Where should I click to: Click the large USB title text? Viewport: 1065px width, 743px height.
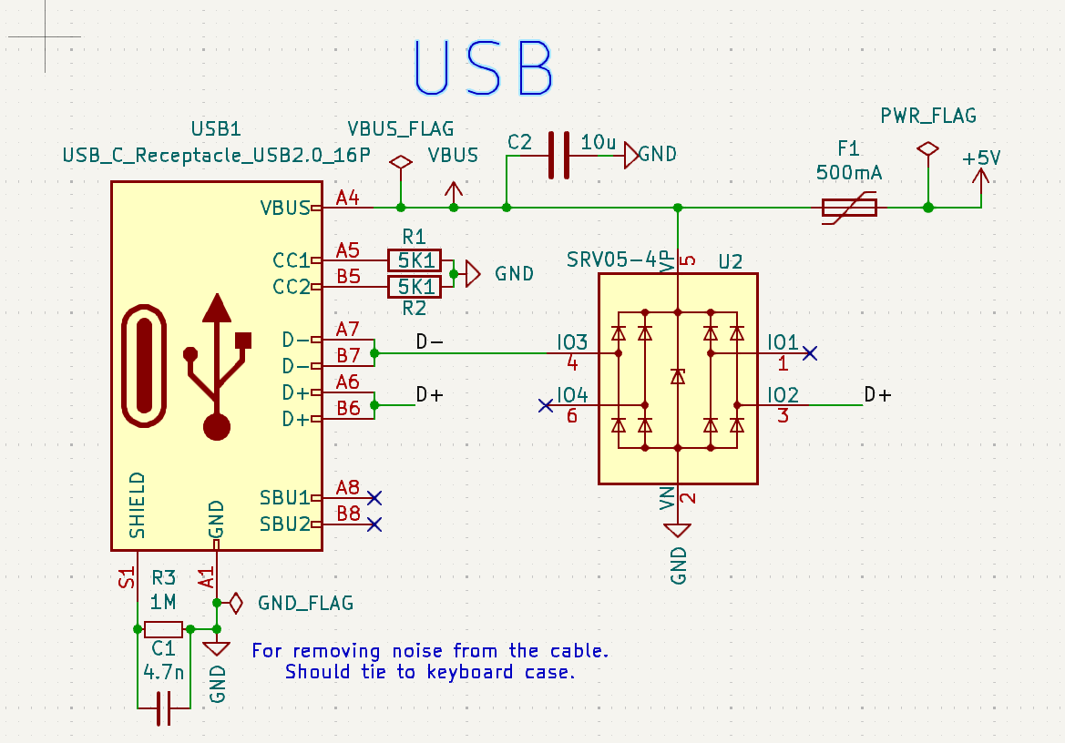484,68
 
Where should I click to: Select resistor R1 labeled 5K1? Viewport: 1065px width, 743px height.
414,260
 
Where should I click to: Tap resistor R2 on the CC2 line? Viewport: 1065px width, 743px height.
414,287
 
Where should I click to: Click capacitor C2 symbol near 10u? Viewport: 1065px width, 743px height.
558,156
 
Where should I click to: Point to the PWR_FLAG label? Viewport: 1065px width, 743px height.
927,116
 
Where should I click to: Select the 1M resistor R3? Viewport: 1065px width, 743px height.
163,628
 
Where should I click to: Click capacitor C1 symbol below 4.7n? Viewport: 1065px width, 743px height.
163,707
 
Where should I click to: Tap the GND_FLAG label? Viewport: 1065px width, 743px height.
305,603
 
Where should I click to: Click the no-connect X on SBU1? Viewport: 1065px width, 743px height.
374,497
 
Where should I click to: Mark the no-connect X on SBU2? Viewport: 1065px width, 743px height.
374,524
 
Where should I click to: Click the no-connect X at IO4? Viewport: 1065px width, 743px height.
546,405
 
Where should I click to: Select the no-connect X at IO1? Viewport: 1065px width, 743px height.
810,352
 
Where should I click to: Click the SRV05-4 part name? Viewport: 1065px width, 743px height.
612,260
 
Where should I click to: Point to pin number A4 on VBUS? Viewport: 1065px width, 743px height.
347,198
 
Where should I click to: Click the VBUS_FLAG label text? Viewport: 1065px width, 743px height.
400,129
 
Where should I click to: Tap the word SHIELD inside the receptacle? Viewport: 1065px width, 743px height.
137,504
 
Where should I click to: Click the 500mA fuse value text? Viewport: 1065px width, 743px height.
848,173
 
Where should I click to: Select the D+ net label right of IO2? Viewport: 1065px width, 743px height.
877,394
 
